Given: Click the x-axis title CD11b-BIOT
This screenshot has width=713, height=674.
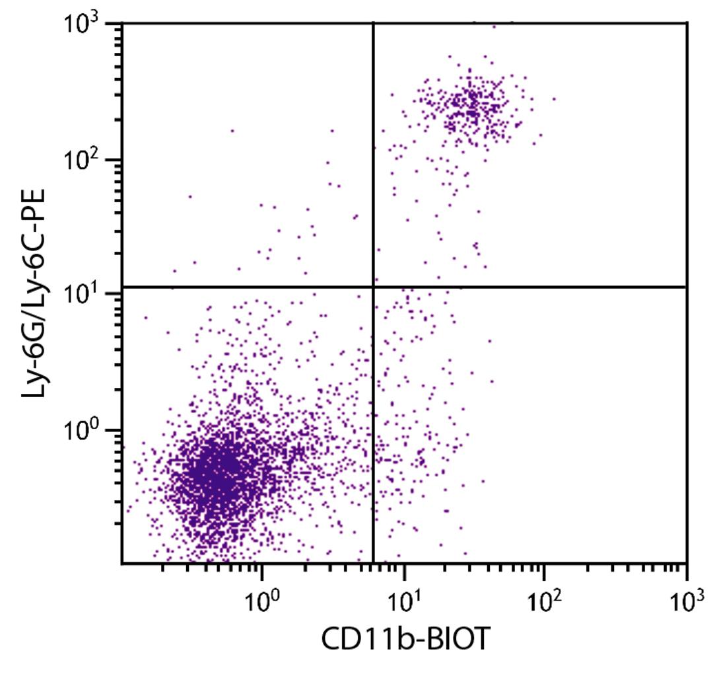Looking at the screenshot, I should coord(405,638).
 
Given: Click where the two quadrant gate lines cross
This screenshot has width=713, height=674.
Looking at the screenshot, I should coord(374,287).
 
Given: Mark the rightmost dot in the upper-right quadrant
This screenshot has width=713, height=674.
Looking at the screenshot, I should coord(554,99).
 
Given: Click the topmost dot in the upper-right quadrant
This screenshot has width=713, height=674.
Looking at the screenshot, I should coord(494,26).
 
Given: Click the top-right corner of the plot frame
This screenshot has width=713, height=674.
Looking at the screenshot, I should coord(687,23).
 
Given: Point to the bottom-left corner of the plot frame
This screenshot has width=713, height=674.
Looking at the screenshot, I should coord(122,563).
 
